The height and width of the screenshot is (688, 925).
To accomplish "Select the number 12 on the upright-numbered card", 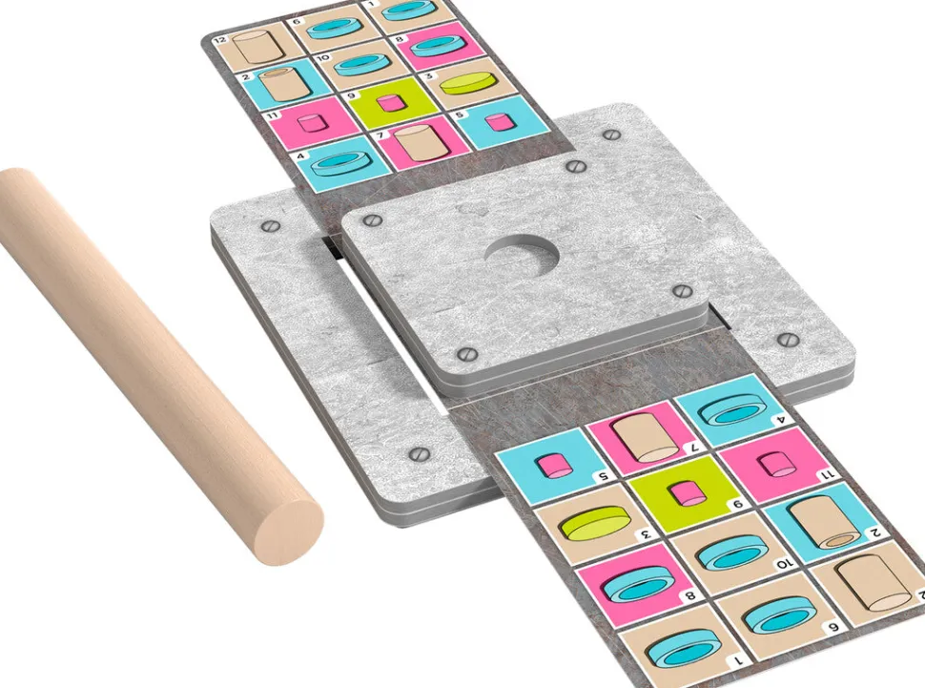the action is tap(219, 40).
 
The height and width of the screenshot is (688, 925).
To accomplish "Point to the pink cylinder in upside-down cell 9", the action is tap(685, 493).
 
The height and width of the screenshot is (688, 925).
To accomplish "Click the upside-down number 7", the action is tap(694, 447).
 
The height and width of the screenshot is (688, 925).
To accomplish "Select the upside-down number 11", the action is tap(825, 474).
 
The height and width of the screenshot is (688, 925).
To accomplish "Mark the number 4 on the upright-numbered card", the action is tap(300, 156).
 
